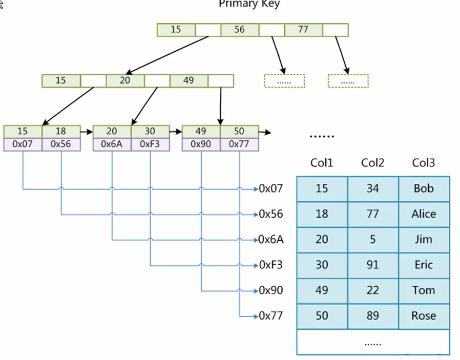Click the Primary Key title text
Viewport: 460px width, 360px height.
(249, 4)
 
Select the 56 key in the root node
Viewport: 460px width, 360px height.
(239, 30)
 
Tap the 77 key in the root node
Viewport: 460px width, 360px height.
(303, 30)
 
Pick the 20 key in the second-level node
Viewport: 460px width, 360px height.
(125, 80)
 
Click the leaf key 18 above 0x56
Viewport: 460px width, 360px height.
(61, 132)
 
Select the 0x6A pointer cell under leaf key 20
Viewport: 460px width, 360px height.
(112, 144)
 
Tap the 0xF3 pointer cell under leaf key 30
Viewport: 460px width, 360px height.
(150, 144)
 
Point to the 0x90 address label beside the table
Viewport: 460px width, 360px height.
(270, 290)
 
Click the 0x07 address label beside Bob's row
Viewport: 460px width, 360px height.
(270, 188)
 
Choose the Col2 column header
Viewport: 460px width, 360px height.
(372, 163)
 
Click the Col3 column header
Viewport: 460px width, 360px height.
(423, 163)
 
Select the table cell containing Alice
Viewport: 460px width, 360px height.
(424, 214)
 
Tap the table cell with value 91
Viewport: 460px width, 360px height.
(372, 265)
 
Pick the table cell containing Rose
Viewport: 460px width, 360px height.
(424, 316)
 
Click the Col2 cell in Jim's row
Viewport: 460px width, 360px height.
(372, 240)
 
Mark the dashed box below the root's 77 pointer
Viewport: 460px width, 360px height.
(348, 81)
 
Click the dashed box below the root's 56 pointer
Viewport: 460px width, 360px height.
(284, 81)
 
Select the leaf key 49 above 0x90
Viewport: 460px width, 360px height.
(201, 132)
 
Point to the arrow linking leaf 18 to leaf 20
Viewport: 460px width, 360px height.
(87, 132)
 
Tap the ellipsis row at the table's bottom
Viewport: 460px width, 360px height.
(372, 343)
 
